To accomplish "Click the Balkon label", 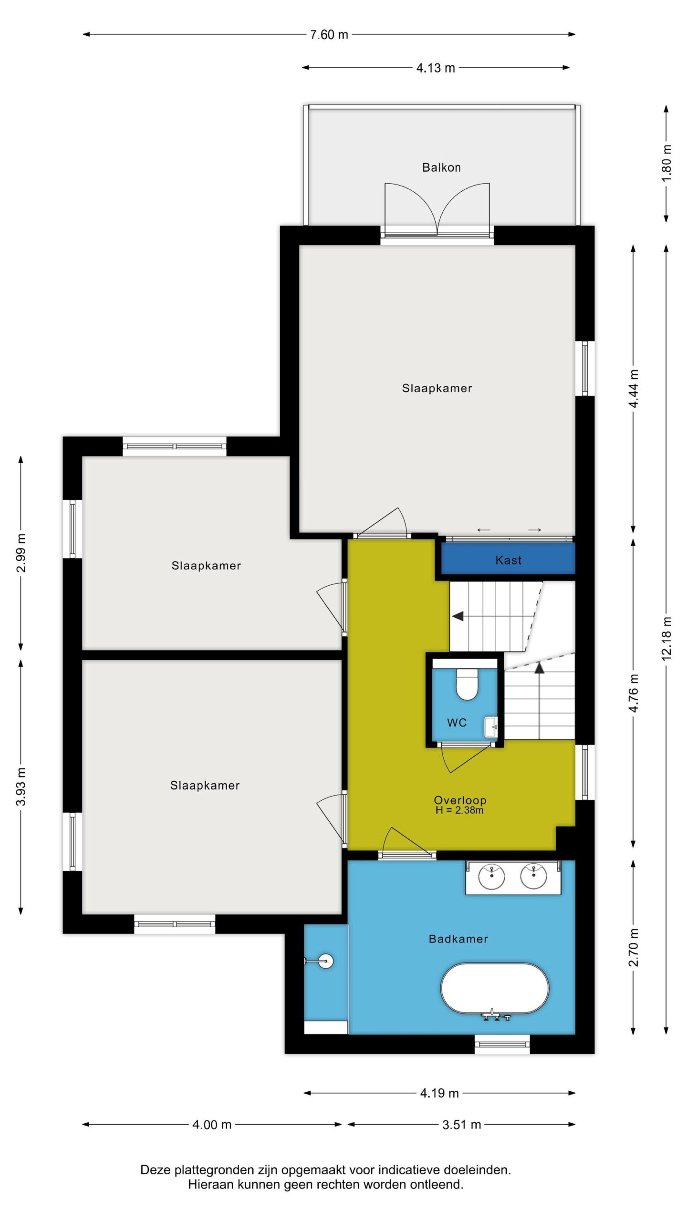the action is (x=441, y=167).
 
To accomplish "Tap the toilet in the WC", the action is (x=467, y=683).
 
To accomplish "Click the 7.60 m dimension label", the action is (x=329, y=35).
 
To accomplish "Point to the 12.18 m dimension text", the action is (x=666, y=639).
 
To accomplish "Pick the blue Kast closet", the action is (x=508, y=559).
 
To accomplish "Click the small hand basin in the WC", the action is (x=491, y=727).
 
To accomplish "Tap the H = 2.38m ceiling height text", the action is (x=459, y=810).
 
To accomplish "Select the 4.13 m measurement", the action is (x=436, y=68).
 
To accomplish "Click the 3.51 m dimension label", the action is (x=461, y=1125).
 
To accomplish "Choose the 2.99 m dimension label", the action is (x=21, y=553).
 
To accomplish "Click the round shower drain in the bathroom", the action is (x=325, y=961).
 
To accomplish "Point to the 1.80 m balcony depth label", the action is (x=666, y=163).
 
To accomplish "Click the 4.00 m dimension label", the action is (x=212, y=1125).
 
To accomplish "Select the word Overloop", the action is (x=460, y=800).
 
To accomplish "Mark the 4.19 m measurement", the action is (x=439, y=1093).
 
